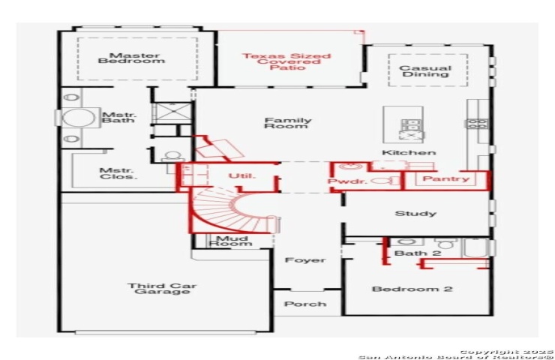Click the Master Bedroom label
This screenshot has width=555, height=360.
click(x=131, y=58)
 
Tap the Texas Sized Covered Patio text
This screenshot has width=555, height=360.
click(x=286, y=61)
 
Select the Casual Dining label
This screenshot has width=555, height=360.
click(x=425, y=71)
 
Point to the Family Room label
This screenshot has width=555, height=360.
click(x=288, y=123)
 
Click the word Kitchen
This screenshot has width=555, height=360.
click(x=409, y=153)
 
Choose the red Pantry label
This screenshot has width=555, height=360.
click(x=446, y=178)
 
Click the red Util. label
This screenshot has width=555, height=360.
click(x=241, y=175)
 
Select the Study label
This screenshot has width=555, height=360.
click(x=415, y=214)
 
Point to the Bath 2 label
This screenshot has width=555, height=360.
click(x=418, y=253)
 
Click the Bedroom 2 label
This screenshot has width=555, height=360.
click(x=412, y=289)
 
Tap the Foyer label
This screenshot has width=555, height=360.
click(x=305, y=260)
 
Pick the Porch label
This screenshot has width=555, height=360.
click(x=305, y=304)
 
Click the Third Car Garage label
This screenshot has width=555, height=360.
click(x=162, y=289)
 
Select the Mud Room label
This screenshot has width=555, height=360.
click(x=231, y=241)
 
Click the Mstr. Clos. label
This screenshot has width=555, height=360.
click(x=117, y=174)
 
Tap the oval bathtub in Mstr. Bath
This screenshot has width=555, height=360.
click(x=79, y=118)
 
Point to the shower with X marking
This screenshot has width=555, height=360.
click(x=172, y=113)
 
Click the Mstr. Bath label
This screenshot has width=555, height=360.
click(x=119, y=118)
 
